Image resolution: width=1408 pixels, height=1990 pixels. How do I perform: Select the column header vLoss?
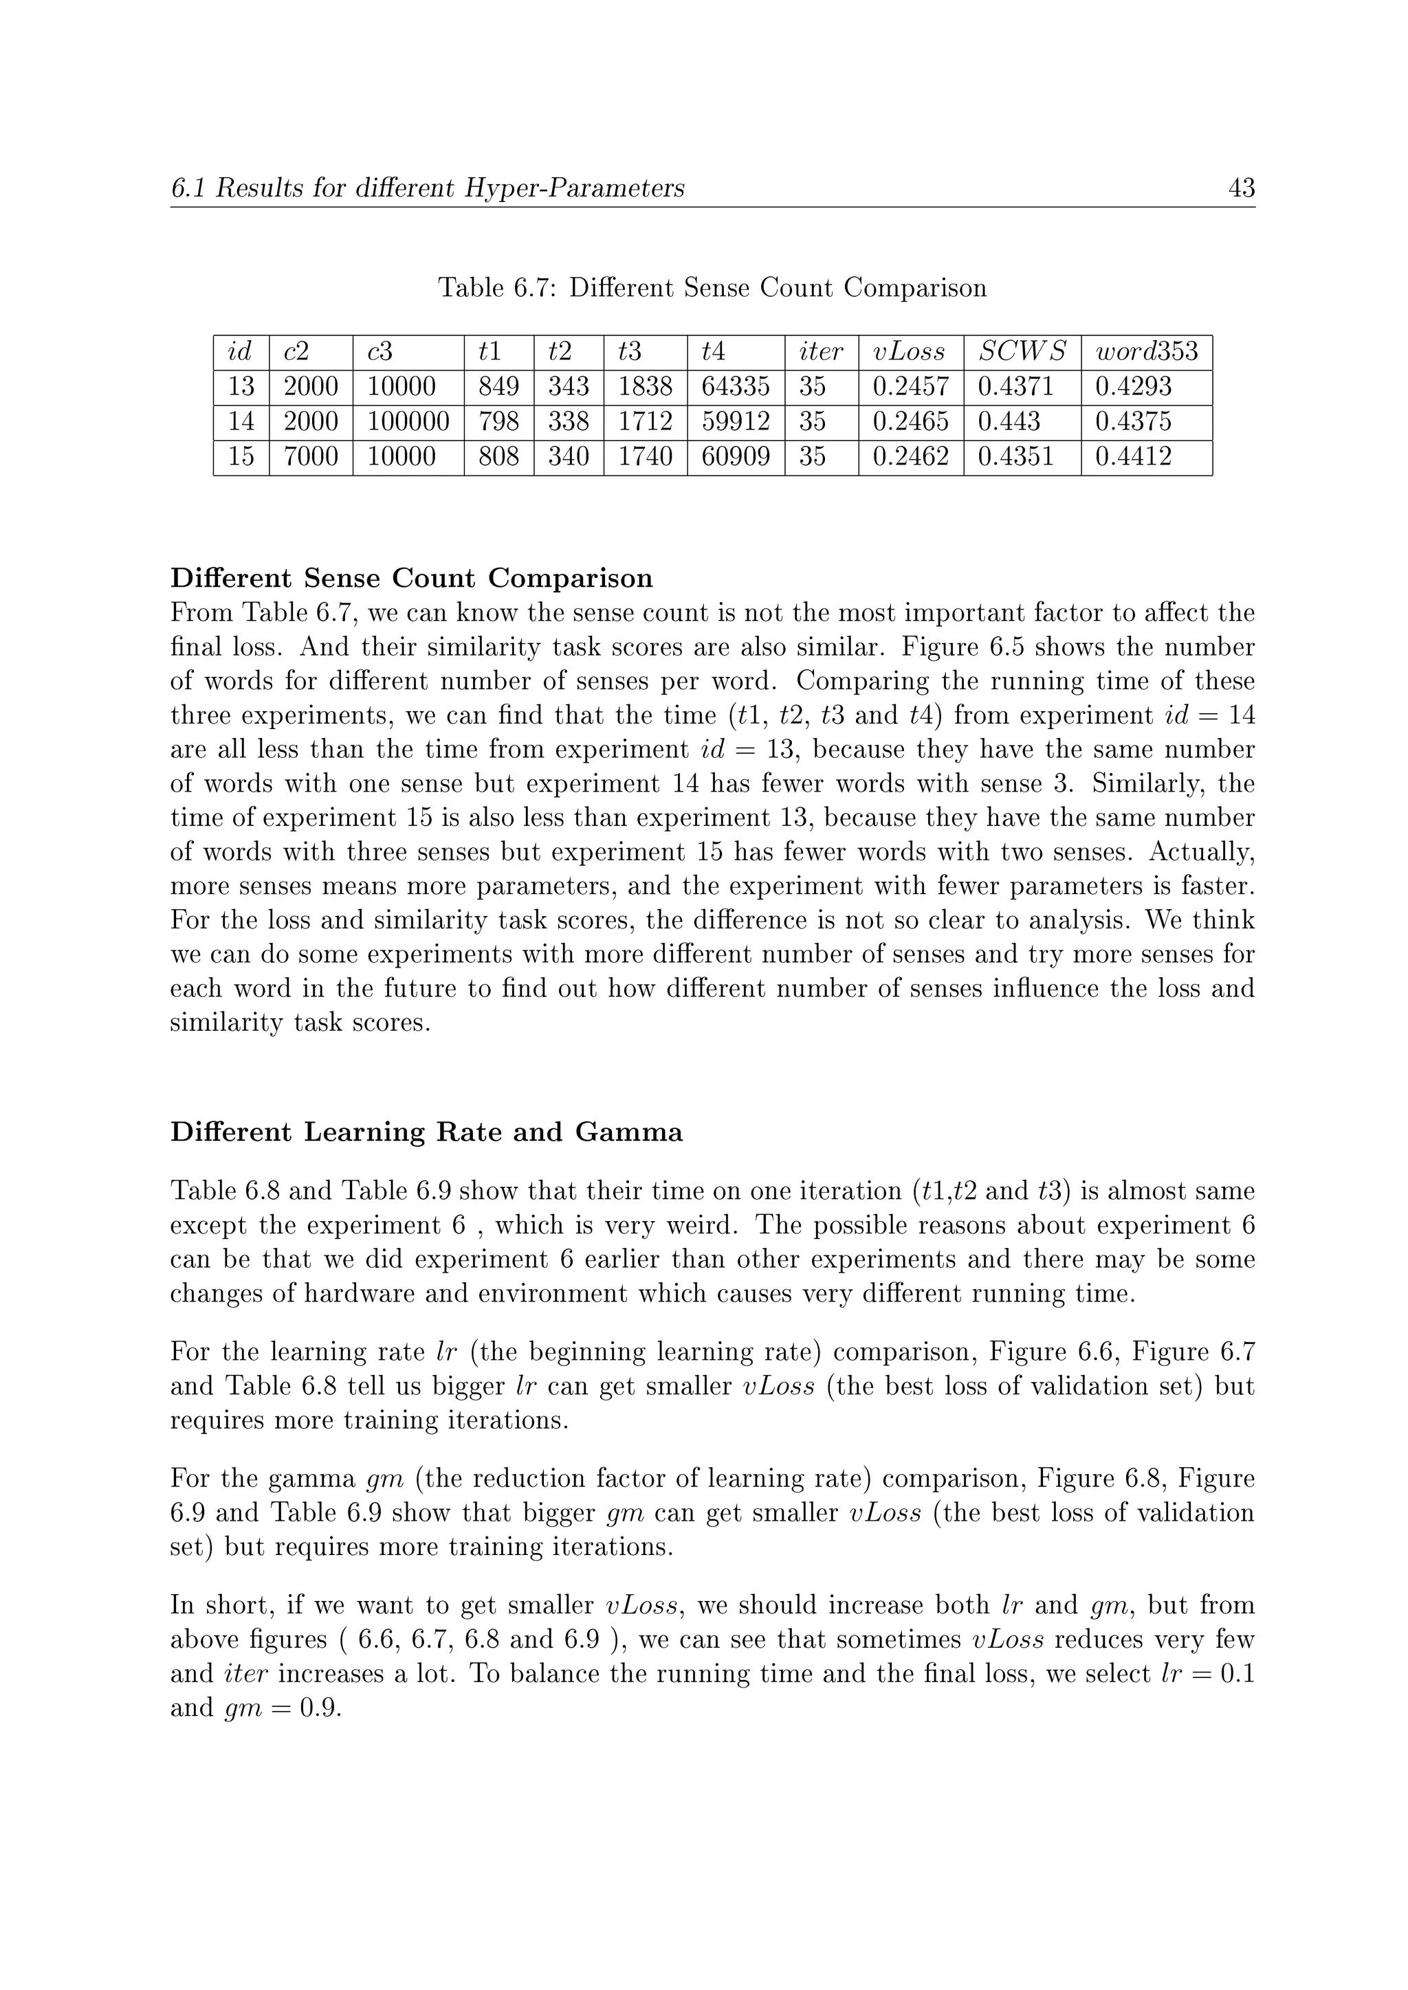(909, 352)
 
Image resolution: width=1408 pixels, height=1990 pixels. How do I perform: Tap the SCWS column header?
(1022, 352)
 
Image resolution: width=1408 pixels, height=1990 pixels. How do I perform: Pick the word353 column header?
(1146, 352)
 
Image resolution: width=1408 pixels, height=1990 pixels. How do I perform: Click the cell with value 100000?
(408, 422)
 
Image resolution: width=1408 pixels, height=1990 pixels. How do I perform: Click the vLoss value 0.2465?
(910, 422)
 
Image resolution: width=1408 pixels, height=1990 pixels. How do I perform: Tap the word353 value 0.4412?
(1133, 457)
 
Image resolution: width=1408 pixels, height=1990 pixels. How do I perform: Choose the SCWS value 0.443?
(1009, 422)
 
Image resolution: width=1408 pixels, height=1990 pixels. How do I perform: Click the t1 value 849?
(498, 387)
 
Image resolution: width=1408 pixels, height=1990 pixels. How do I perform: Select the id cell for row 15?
(241, 457)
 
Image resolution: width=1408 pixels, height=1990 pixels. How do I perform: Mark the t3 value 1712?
(644, 422)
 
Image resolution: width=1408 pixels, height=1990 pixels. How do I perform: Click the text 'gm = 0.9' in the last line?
(283, 1708)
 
